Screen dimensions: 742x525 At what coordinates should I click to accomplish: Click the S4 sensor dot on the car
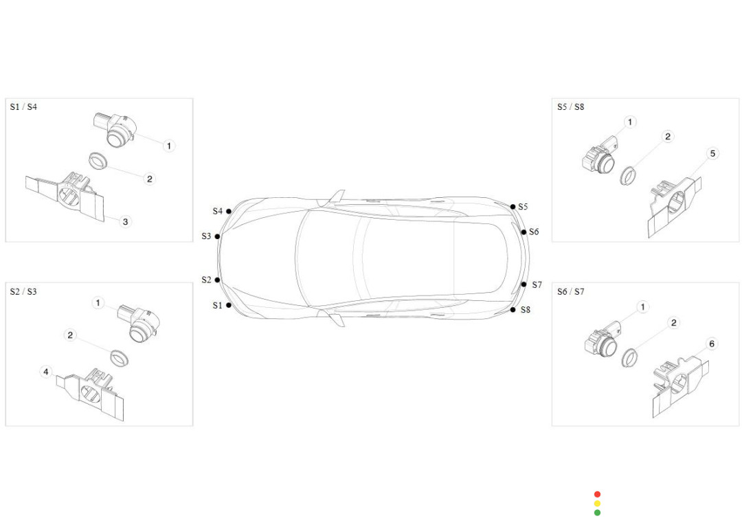point(229,211)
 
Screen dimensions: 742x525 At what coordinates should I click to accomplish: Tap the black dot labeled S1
point(229,305)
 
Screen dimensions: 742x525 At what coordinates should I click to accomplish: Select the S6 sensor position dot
point(524,232)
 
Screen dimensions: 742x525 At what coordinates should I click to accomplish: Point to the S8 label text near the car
point(526,310)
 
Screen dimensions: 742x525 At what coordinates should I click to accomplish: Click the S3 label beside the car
point(206,236)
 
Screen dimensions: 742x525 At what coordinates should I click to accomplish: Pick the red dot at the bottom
point(597,494)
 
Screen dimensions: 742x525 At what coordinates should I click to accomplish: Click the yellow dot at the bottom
point(597,503)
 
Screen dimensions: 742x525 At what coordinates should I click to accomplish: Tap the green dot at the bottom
point(597,512)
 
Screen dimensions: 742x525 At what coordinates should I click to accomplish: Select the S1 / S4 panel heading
point(23,107)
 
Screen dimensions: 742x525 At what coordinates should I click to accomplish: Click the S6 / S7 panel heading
point(571,291)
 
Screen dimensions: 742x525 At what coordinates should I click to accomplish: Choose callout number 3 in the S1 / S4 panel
point(126,221)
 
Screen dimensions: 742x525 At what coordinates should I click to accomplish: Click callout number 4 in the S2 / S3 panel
point(46,372)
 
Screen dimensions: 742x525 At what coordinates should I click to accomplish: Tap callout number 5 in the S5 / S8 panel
point(712,153)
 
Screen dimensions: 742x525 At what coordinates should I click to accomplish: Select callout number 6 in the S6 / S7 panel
point(712,344)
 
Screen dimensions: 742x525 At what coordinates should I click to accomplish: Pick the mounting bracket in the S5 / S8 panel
point(675,206)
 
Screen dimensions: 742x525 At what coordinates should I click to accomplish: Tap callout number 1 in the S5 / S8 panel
point(630,122)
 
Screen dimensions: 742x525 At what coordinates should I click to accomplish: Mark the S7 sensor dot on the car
point(524,284)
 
